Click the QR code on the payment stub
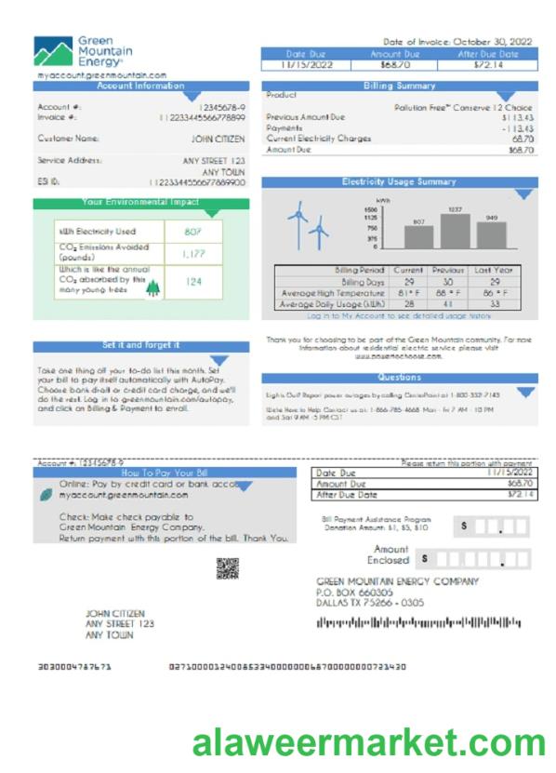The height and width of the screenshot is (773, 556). [227, 567]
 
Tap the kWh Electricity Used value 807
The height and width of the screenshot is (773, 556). [189, 231]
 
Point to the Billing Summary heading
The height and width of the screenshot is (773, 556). [399, 86]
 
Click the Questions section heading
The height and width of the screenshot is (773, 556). [399, 378]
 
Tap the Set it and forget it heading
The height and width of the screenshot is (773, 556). [141, 345]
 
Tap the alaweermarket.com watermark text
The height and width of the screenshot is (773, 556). [369, 743]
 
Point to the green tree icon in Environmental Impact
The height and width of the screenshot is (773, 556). [152, 288]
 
